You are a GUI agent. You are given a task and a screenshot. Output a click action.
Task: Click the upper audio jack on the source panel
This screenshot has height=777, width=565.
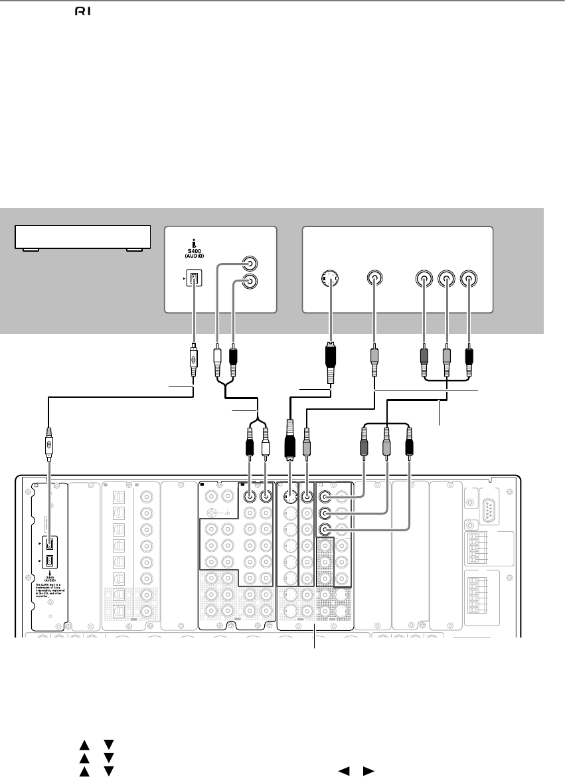[x=250, y=262]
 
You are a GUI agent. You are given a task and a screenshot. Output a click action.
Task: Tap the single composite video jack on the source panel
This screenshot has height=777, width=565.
[x=375, y=280]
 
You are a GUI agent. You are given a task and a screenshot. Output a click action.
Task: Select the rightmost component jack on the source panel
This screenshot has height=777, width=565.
[x=469, y=280]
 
